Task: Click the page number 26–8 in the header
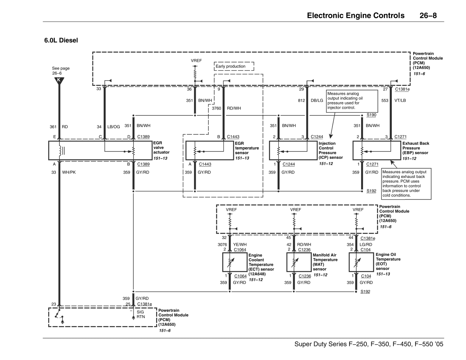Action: click(x=431, y=16)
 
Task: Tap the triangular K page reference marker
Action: click(x=59, y=80)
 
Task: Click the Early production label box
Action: click(x=234, y=66)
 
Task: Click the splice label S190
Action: click(x=371, y=115)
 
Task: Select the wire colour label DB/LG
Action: click(x=316, y=101)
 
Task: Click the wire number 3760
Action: click(x=216, y=108)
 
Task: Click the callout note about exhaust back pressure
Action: click(x=406, y=184)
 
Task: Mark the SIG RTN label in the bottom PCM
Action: click(x=141, y=314)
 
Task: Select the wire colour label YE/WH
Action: click(x=240, y=244)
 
